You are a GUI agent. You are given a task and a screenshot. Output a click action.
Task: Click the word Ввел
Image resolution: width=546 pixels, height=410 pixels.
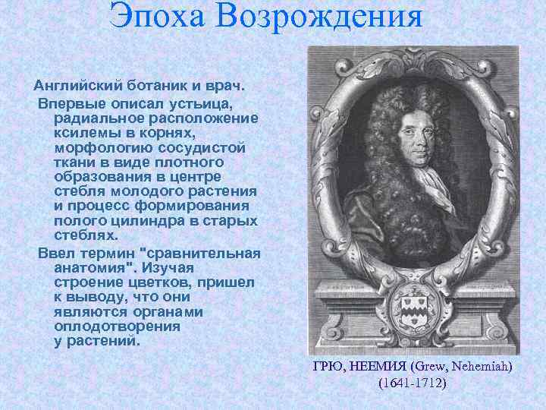[58, 253]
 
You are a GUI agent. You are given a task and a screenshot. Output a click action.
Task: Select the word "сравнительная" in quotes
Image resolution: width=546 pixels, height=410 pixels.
[202, 253]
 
